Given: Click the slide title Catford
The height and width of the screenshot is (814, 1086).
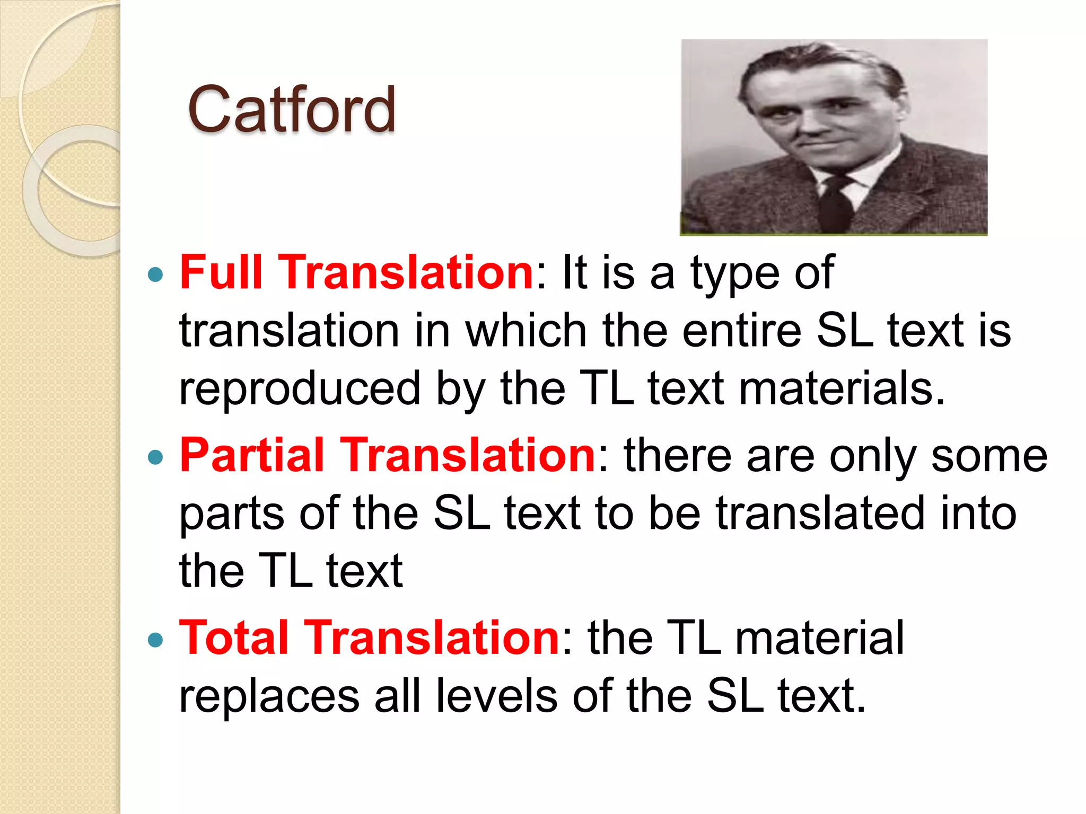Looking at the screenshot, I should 291,110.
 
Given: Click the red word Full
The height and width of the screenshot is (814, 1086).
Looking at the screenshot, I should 221,272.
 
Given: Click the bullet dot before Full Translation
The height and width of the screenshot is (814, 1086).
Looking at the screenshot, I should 155,275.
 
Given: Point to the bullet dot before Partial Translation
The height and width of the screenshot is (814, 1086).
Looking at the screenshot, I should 155,457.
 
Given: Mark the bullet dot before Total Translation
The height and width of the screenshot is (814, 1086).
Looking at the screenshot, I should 155,640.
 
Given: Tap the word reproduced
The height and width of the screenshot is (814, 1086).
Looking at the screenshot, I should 300,389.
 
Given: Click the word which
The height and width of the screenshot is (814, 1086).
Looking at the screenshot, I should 526,331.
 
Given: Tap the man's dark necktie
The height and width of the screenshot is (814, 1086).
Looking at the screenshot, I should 837,204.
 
